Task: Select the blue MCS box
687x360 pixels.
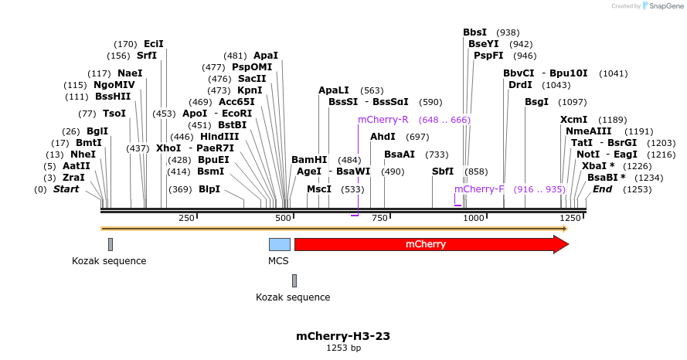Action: pyautogui.click(x=280, y=244)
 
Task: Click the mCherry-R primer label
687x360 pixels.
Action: pyautogui.click(x=383, y=120)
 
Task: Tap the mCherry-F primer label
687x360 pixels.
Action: pyautogui.click(x=479, y=189)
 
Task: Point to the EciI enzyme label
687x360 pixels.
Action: pyautogui.click(x=154, y=44)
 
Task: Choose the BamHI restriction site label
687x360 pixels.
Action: pyautogui.click(x=309, y=160)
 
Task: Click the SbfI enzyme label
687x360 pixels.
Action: pyautogui.click(x=443, y=172)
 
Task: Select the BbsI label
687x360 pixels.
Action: pyautogui.click(x=474, y=32)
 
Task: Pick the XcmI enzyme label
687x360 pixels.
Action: pyautogui.click(x=573, y=120)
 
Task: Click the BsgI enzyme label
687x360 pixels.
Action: pyautogui.click(x=536, y=102)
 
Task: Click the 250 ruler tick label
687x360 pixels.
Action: pyautogui.click(x=186, y=219)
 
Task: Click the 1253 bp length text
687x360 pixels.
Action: pyautogui.click(x=343, y=348)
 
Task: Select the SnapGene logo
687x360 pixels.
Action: pyautogui.click(x=661, y=6)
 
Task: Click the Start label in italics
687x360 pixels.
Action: pyautogui.click(x=66, y=189)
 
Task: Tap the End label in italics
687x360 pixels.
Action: pyautogui.click(x=602, y=189)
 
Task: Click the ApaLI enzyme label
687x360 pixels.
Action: pyautogui.click(x=334, y=90)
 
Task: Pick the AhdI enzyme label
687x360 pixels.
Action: pyautogui.click(x=383, y=137)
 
